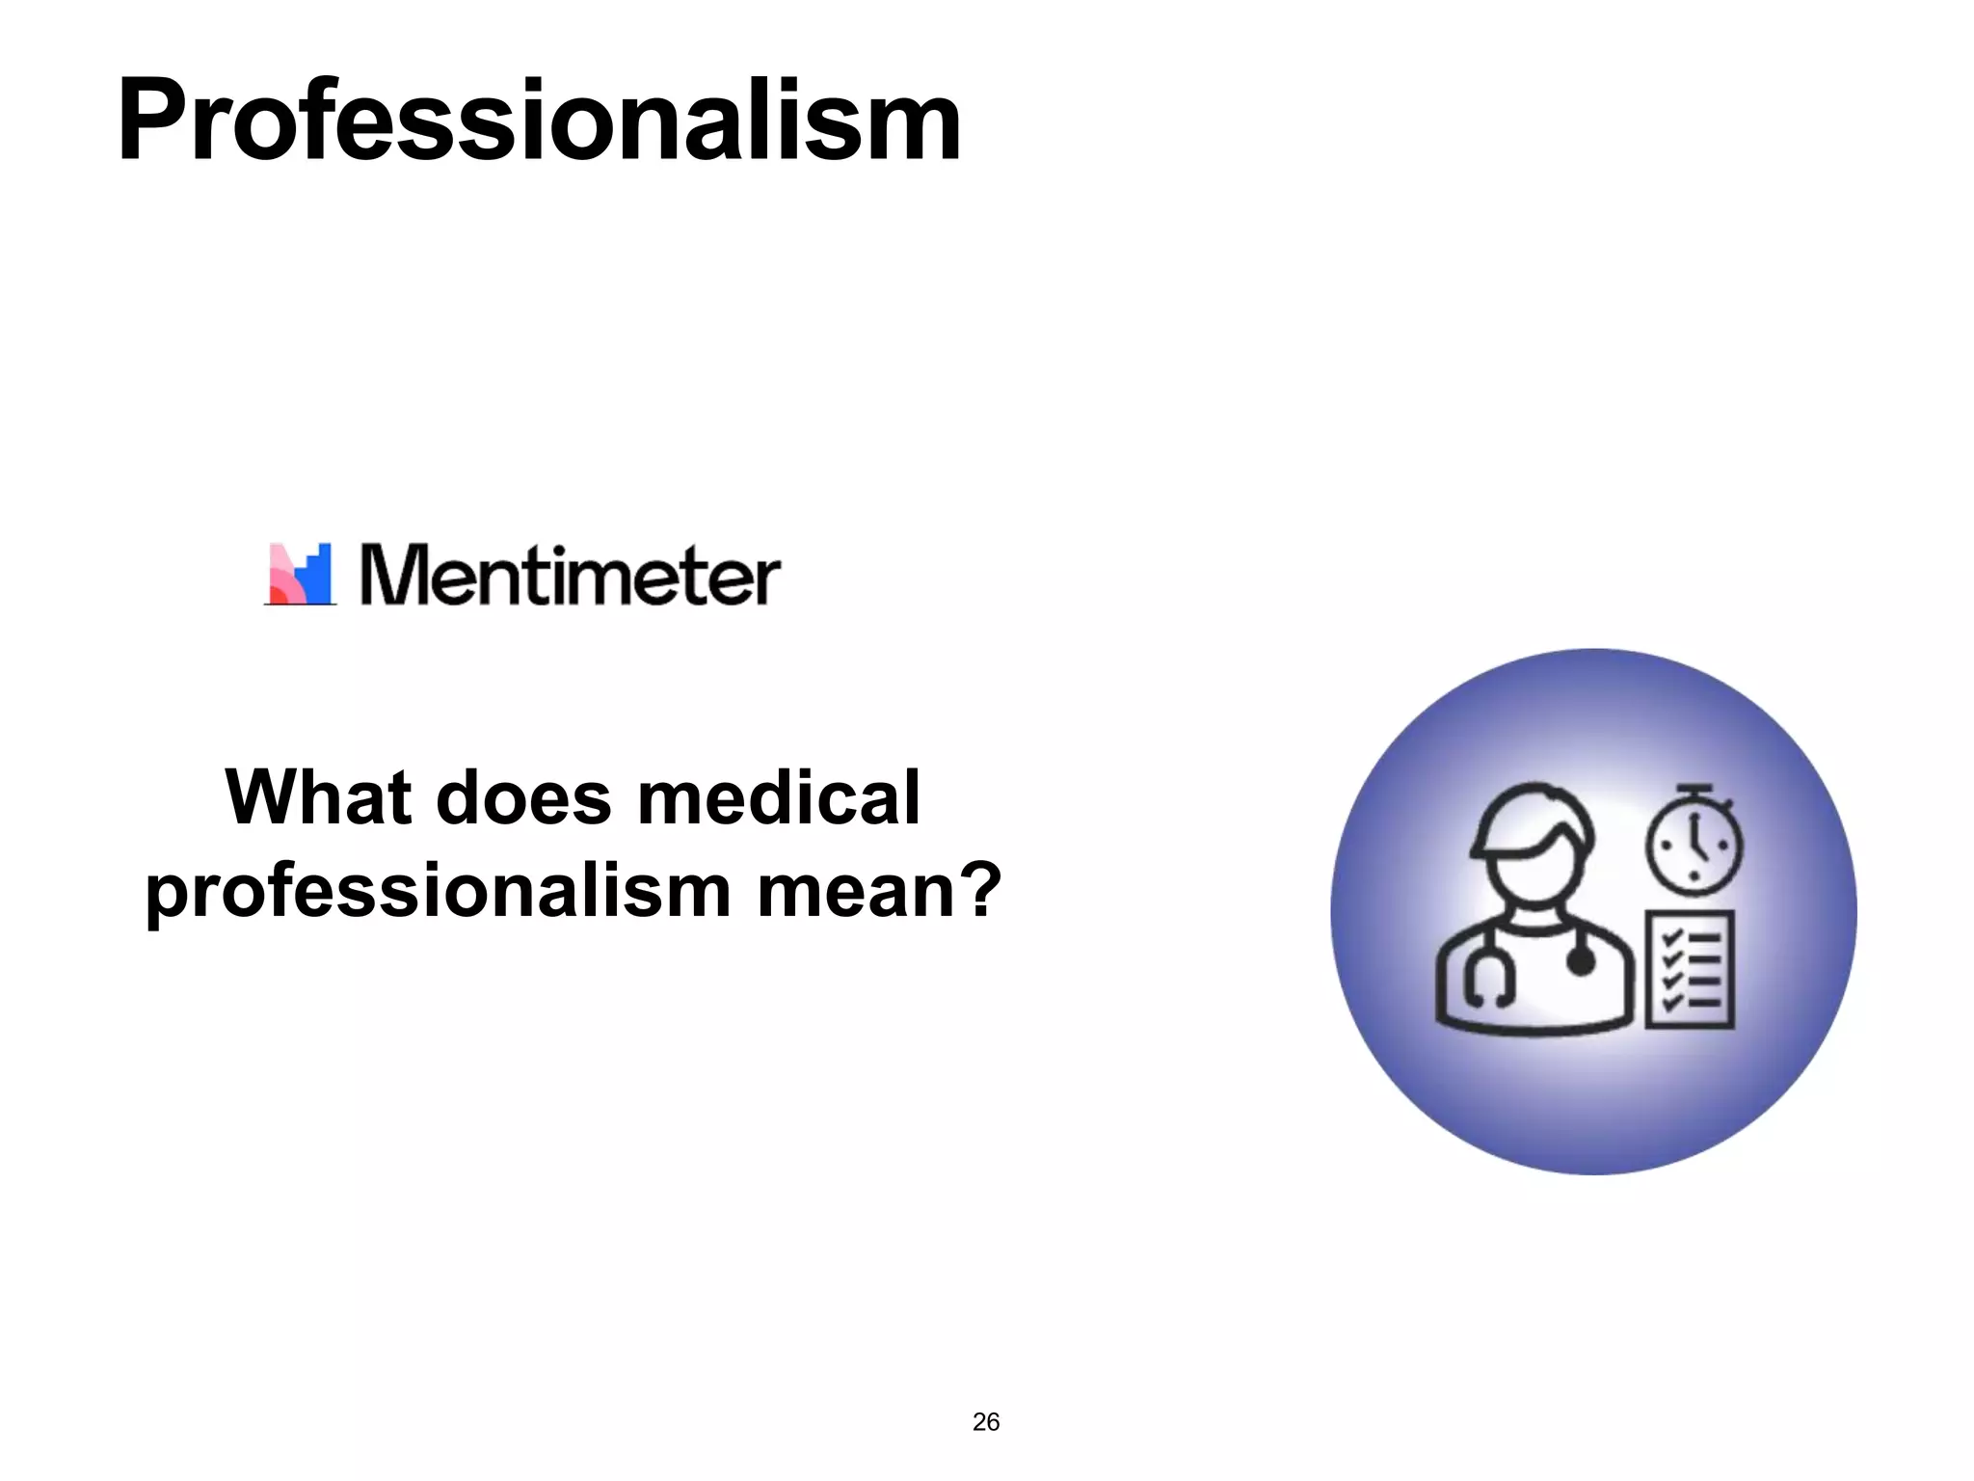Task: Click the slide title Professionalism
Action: click(538, 121)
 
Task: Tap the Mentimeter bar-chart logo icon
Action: click(300, 575)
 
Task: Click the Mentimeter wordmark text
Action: click(570, 576)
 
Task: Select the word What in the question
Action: click(318, 798)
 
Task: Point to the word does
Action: click(523, 798)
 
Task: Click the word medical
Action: click(779, 798)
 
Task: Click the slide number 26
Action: click(986, 1422)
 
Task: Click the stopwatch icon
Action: click(1694, 841)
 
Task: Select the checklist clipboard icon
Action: click(1690, 968)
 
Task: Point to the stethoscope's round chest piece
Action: click(1581, 960)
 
